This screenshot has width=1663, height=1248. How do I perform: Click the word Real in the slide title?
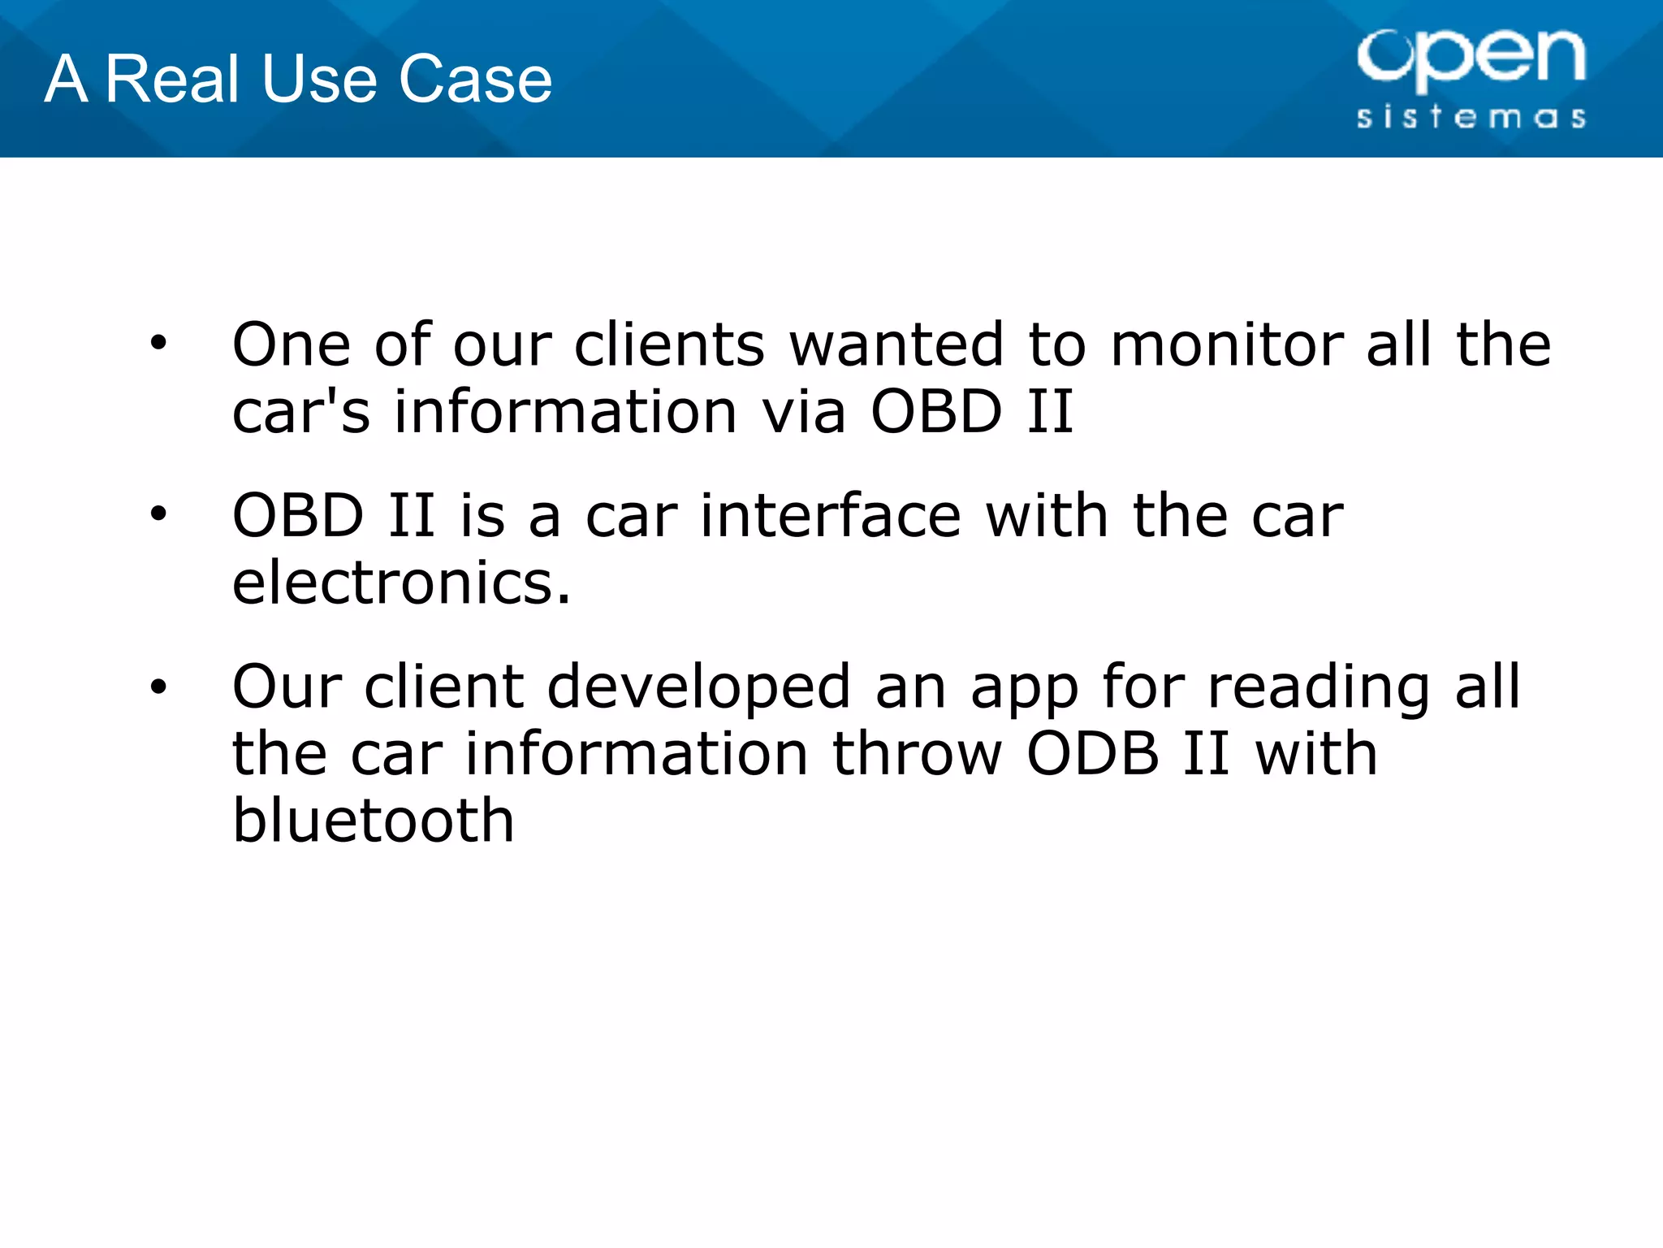(173, 79)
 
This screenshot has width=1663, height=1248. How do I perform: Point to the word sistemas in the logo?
(1471, 117)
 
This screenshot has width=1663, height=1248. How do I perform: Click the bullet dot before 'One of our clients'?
(158, 343)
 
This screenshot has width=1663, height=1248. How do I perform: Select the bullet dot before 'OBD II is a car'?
(158, 513)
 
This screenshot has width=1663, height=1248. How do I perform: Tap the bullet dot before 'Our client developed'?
(158, 687)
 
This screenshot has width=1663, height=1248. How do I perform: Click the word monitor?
(1226, 344)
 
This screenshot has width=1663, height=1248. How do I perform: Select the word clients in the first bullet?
(669, 344)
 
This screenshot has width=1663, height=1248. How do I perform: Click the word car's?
(300, 411)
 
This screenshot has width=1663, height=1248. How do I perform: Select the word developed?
(698, 687)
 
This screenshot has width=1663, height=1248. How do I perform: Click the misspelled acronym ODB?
(1092, 754)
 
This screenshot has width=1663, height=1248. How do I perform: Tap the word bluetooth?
(374, 821)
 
